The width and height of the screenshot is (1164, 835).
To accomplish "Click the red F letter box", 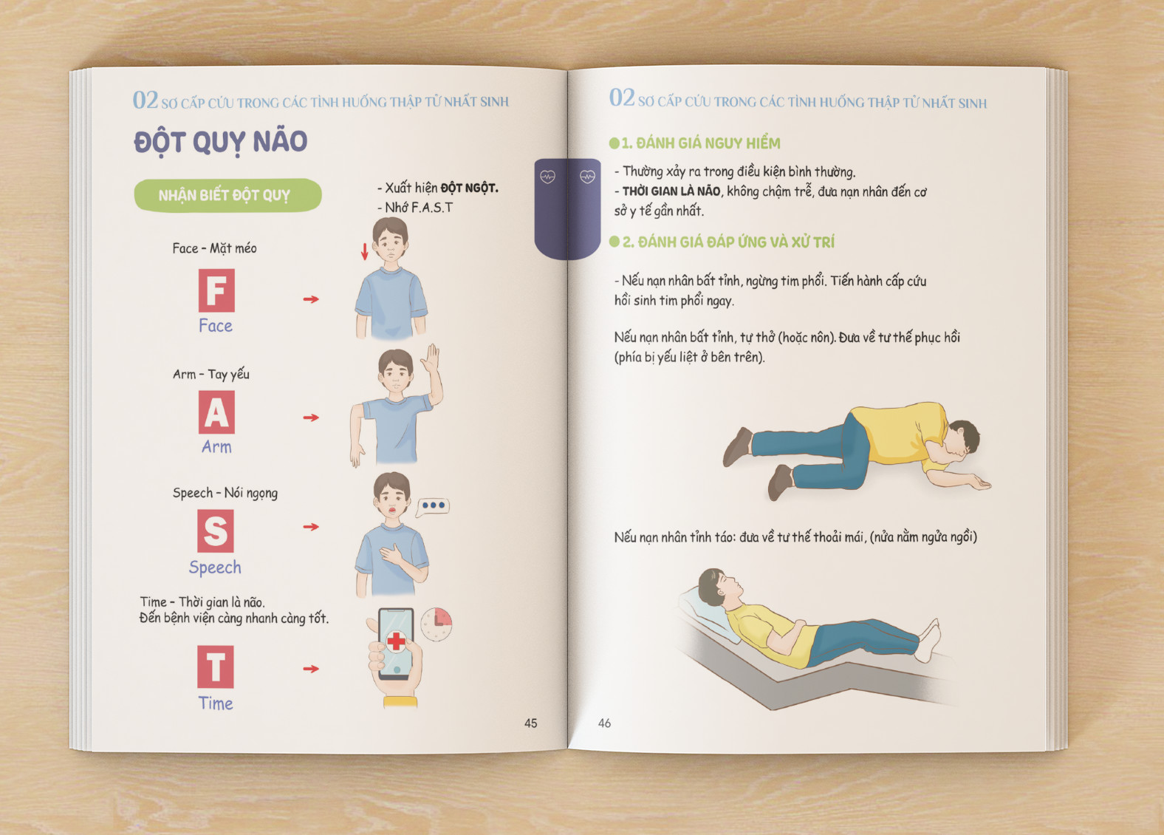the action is (216, 290).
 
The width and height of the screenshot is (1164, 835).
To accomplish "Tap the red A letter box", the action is (216, 412).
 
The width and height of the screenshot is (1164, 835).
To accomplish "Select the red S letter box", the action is (215, 531).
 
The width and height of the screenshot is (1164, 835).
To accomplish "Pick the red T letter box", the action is (215, 667).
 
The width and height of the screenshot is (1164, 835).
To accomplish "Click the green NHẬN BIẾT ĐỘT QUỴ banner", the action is (227, 195).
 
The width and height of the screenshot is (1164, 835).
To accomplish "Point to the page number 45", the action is (530, 723).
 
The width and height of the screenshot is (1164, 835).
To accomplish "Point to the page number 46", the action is (604, 723).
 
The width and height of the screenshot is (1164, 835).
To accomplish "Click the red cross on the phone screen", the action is (396, 641).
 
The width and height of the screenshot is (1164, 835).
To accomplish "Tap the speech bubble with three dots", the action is (433, 506).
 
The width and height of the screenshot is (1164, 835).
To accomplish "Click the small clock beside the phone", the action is (436, 624).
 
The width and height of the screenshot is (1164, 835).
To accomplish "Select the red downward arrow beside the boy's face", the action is (365, 252).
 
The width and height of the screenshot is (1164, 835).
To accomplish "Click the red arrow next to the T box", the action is (311, 669).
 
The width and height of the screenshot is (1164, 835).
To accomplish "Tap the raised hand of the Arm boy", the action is (431, 358).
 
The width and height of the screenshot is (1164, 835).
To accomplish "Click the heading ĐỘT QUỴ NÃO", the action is (220, 142).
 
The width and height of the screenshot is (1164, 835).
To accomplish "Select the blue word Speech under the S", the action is (215, 568).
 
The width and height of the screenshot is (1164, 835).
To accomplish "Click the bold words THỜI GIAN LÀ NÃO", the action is (671, 191).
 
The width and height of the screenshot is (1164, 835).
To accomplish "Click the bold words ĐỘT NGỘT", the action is (469, 188).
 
